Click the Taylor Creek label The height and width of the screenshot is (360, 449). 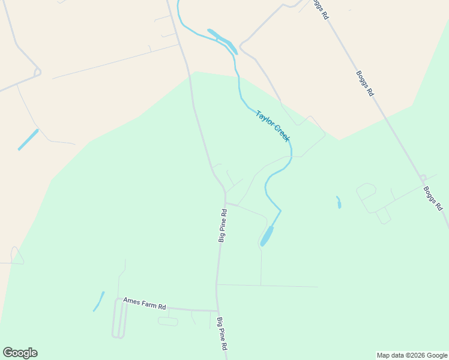(273, 126)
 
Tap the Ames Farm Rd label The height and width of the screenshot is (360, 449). (144, 303)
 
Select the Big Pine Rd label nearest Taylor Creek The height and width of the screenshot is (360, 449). (222, 226)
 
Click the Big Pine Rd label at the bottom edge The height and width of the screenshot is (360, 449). (222, 334)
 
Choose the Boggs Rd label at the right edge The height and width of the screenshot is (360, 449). (433, 198)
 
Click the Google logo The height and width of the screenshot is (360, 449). (20, 353)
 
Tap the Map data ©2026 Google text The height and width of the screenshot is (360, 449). (412, 355)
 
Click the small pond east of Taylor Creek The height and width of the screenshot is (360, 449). (339, 202)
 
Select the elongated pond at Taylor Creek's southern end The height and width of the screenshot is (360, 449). (267, 236)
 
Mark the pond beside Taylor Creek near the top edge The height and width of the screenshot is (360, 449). (222, 40)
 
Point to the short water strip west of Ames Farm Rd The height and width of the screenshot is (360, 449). (98, 301)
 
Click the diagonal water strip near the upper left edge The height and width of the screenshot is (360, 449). (28, 139)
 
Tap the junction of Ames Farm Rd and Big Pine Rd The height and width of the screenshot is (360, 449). (217, 311)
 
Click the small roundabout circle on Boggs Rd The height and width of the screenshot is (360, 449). (423, 178)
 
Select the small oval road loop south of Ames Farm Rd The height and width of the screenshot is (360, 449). (168, 322)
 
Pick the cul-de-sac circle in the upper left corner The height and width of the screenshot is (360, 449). (37, 73)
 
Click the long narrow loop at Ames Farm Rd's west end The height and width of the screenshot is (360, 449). (119, 319)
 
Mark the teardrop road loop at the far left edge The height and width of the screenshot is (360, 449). (16, 256)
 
